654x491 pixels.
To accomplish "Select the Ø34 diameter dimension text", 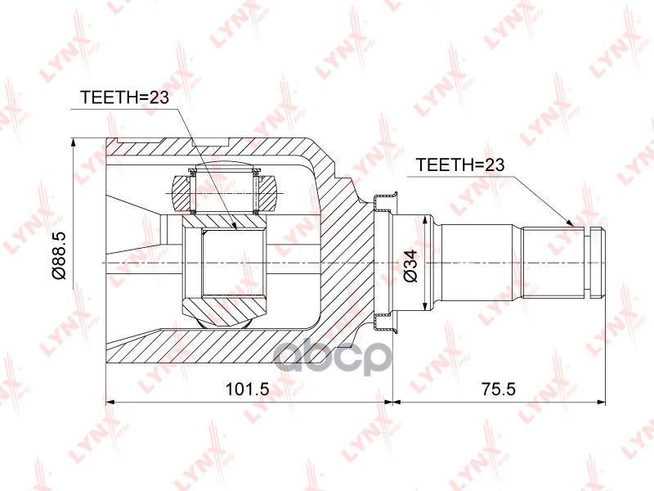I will coord(411,265).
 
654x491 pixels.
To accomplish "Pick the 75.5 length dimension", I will coord(499,390).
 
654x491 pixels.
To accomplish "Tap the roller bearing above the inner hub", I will coord(225,193).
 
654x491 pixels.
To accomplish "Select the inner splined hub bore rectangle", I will coord(234,262).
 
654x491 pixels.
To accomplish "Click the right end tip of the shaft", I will coord(604,262).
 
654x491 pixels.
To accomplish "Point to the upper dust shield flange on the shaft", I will coord(383,201).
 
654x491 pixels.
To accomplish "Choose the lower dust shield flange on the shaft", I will coord(383,323).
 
